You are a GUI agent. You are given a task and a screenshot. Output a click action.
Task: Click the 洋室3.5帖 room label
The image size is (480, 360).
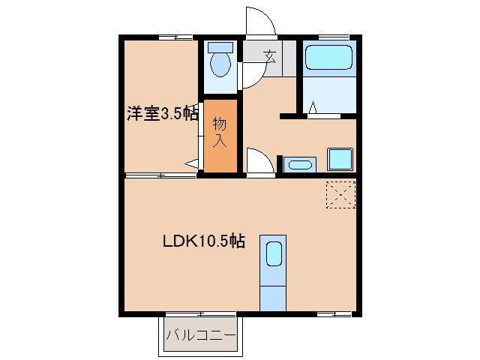coord(162,114)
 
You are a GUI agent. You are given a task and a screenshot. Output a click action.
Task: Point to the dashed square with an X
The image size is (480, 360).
coord(341,194)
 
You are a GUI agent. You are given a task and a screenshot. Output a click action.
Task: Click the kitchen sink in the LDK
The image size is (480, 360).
coord(273,253)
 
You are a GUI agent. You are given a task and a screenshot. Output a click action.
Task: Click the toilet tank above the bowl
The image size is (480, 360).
coord(220,46)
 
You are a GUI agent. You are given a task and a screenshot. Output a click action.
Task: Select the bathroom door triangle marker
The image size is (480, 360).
coord(313,109)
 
